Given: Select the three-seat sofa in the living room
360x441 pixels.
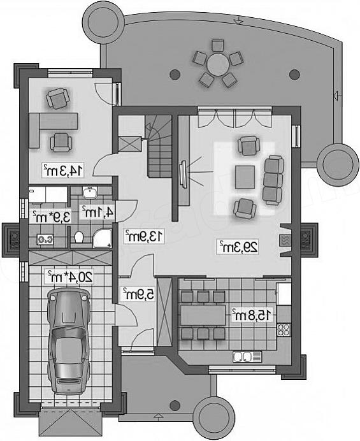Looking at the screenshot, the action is coord(273,180).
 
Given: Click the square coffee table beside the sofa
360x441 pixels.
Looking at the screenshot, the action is coord(245,177).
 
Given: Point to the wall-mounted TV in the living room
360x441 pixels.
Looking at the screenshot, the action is coord(183,175).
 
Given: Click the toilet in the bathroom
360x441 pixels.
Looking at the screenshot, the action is coord(79,237).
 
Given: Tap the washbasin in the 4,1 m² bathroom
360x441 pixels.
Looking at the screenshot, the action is coord(90,192).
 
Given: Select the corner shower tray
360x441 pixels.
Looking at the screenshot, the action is coord(102,239).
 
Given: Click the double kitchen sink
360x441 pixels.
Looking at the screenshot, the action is coord(247,357).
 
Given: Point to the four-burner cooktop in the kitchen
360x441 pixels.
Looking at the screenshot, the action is coord(284,329).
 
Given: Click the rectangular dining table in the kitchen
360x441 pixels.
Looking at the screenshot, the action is coord(203,315).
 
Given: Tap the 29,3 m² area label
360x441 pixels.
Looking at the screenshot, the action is coord(238,247).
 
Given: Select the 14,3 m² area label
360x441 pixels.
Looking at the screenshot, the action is coord(63,170).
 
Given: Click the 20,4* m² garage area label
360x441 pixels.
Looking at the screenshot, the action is coord(69,277).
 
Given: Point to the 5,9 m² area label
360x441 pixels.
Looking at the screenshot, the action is coord(138,294).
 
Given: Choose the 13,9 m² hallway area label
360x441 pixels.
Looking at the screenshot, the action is coord(144,236).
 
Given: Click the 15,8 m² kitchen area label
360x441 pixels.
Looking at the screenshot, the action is coord(252,315).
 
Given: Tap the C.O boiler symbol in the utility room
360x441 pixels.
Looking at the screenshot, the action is coord(45,240).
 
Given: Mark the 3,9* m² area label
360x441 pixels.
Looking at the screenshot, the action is coord(52,217).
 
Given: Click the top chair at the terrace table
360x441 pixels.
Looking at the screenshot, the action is coord(218,45).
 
